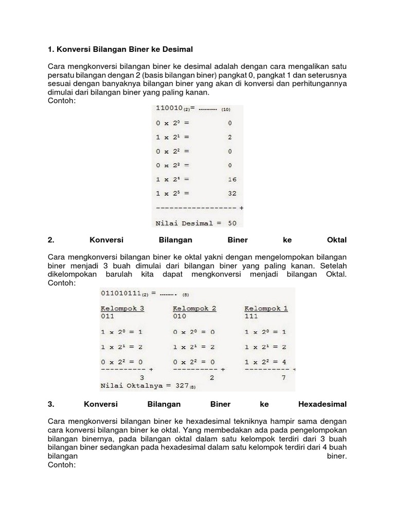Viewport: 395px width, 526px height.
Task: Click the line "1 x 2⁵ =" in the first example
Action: click(172, 194)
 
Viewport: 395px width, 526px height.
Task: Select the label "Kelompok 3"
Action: click(122, 308)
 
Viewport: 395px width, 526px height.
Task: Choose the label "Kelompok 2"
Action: click(194, 308)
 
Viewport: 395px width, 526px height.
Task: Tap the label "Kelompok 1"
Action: click(266, 308)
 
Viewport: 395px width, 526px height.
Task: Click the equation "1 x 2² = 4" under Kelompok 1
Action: click(266, 362)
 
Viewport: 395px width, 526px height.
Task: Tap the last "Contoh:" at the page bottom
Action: click(61, 464)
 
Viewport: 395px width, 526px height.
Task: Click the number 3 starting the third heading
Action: click(50, 404)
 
